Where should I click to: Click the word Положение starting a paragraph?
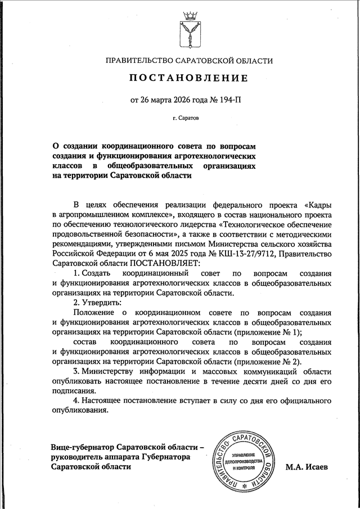tap(94, 312)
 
